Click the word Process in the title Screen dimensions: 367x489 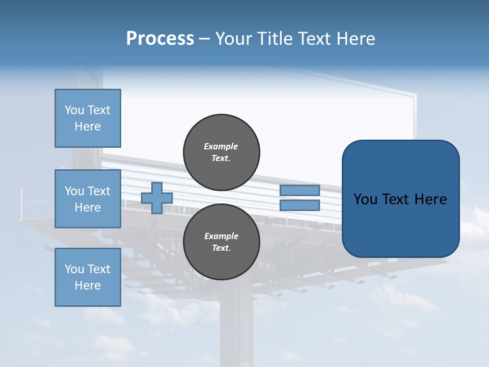click(160, 39)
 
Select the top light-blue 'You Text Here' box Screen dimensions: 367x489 click(88, 118)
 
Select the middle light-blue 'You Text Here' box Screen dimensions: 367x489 click(88, 199)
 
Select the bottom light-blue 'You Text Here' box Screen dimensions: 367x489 click(88, 277)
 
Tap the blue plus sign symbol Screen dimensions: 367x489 click(157, 198)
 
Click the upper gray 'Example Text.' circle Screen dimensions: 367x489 click(221, 152)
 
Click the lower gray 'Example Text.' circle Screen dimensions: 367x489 click(221, 242)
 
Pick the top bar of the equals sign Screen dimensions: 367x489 click(300, 190)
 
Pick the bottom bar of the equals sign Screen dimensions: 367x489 click(300, 205)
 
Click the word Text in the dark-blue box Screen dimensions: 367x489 click(396, 199)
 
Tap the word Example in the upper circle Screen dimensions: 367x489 click(221, 146)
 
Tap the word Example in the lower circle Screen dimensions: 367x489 click(221, 236)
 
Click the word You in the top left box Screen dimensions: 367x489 click(74, 110)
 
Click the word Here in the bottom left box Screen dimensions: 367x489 click(88, 285)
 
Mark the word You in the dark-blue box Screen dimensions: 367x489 click(365, 199)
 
